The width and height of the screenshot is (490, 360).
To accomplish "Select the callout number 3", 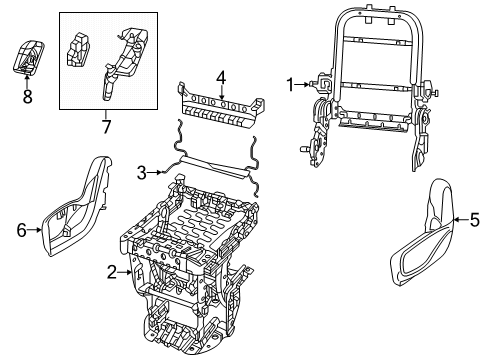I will tap(143, 172).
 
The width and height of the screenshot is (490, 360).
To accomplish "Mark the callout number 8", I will tap(27, 98).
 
